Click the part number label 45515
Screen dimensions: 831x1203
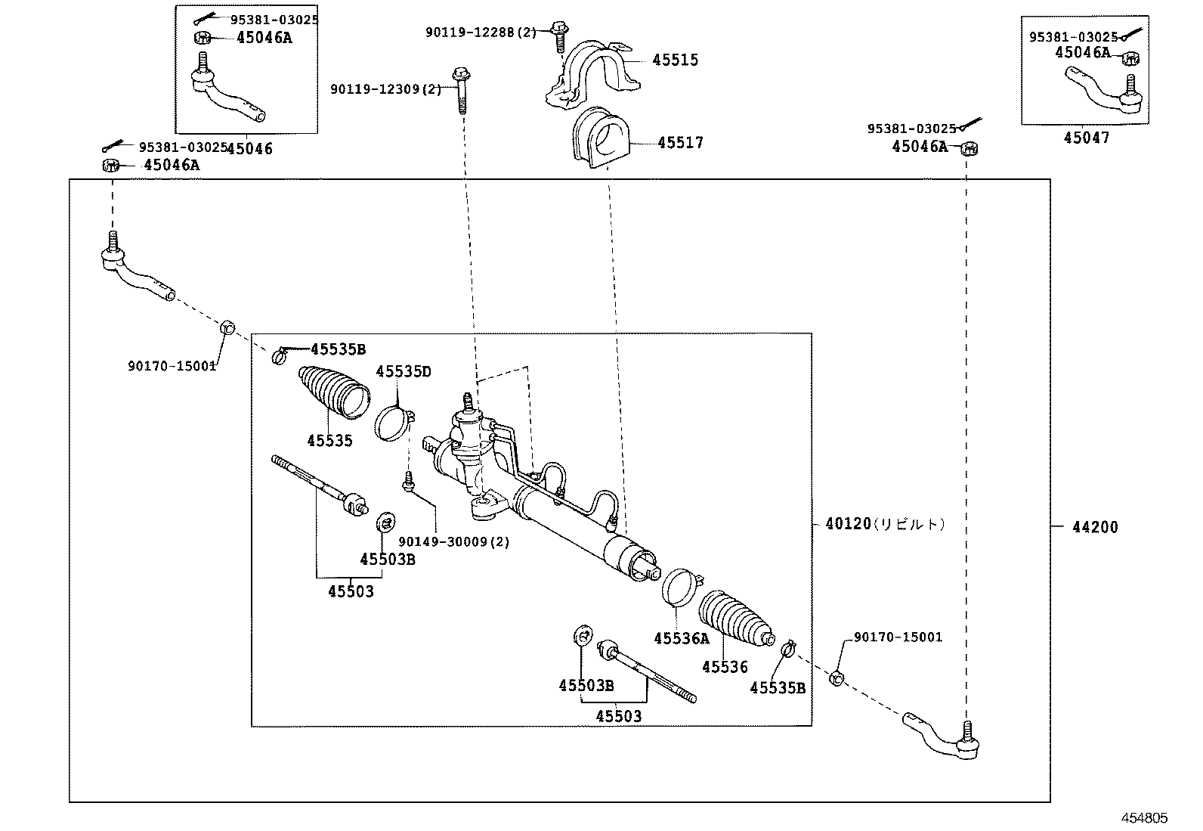[675, 60]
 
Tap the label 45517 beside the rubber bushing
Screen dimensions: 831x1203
[679, 142]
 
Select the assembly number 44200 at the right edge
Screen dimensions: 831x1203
[1094, 527]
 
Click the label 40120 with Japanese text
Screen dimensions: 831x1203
[884, 523]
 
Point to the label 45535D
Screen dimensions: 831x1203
[404, 371]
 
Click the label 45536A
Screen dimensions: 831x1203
[682, 638]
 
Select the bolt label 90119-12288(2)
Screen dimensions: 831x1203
[481, 32]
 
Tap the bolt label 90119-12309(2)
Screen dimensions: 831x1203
[385, 89]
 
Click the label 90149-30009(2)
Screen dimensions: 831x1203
[454, 541]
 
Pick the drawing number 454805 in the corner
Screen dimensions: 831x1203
[1143, 817]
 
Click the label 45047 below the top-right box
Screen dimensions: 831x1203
[1086, 138]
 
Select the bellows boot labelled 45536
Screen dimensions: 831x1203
[734, 618]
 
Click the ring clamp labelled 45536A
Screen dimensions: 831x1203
[677, 587]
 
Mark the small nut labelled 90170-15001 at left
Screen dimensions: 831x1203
[225, 328]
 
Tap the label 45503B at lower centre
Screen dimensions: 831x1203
[586, 685]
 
